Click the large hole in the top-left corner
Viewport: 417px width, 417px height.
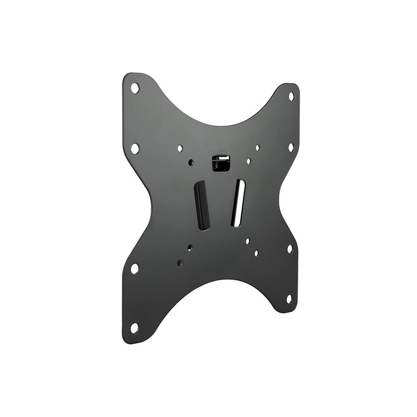[134, 88]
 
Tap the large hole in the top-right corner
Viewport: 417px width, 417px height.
[291, 96]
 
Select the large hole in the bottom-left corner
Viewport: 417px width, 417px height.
[134, 328]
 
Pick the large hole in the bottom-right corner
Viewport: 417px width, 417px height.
[289, 299]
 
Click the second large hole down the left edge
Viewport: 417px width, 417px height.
[134, 148]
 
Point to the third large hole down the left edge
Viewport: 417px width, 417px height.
[134, 268]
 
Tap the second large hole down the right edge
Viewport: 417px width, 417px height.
[291, 148]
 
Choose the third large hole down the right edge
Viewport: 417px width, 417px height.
[290, 249]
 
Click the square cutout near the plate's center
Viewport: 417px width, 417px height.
[221, 163]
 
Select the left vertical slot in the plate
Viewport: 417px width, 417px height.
[202, 205]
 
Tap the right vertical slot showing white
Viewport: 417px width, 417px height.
[238, 203]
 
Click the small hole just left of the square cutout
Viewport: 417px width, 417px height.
[191, 163]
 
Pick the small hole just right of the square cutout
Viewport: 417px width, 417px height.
[249, 162]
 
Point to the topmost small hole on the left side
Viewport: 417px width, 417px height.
[180, 149]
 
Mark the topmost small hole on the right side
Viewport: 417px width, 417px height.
[257, 148]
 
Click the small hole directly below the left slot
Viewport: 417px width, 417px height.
[190, 248]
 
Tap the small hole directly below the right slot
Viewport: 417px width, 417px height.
[248, 241]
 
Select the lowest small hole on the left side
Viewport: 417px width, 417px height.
[179, 263]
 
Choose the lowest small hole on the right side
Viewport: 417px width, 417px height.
[256, 253]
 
